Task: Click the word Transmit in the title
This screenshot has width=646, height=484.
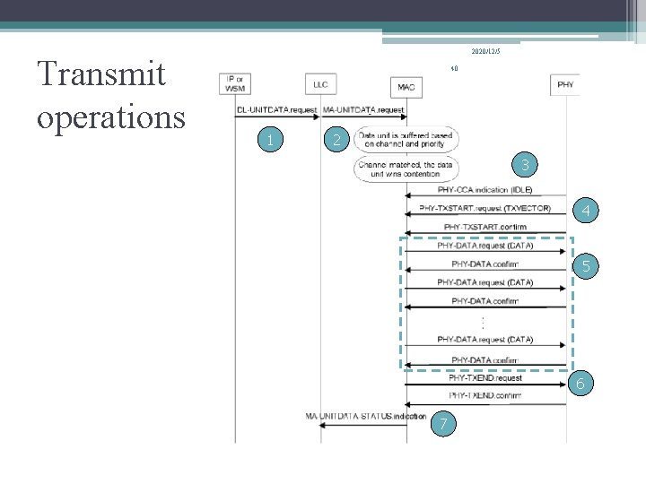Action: click(x=100, y=74)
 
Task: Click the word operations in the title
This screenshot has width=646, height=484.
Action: click(x=110, y=117)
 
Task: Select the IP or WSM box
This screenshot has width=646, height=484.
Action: click(x=235, y=83)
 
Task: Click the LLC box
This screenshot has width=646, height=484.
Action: click(x=319, y=84)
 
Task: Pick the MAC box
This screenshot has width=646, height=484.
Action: click(x=406, y=86)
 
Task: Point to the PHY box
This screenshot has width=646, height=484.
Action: click(x=565, y=84)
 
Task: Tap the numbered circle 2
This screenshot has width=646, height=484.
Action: click(x=336, y=139)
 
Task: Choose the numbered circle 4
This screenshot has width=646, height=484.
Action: click(x=585, y=212)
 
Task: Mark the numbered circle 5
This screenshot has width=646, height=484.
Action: click(x=586, y=265)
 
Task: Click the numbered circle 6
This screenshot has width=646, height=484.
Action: click(x=581, y=384)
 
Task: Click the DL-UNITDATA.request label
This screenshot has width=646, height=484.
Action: click(x=276, y=109)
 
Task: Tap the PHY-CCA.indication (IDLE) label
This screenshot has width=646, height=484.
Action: click(x=484, y=190)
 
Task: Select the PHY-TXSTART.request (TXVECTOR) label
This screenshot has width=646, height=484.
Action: click(x=484, y=209)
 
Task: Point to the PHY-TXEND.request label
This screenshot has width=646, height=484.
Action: click(x=484, y=377)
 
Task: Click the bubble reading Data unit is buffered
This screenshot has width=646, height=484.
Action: click(x=406, y=140)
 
